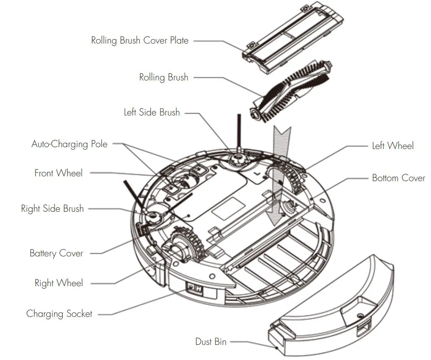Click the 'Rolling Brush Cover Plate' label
pos(140,40)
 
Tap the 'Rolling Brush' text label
pos(164,77)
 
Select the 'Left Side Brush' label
pos(152,112)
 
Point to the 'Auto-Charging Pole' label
pos(69,144)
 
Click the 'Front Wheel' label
pos(59,173)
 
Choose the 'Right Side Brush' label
pos(52,209)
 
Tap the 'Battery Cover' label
pos(56,253)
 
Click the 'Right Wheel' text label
pos(59,283)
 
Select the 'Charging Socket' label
pos(59,314)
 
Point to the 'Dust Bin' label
pos(211,342)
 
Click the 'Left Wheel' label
pos(393,146)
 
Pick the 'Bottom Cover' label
pos(398,178)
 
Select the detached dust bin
pos(332,302)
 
